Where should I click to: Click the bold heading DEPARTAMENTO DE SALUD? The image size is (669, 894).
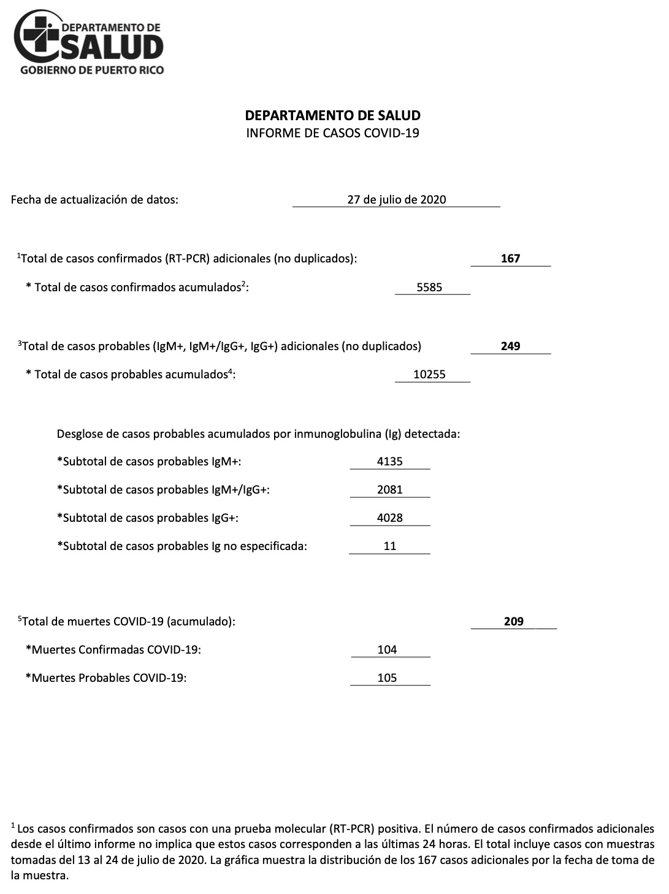pos(332,115)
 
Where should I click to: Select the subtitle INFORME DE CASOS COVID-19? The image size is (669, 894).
pos(332,132)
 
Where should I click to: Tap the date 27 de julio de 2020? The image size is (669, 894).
pos(396,199)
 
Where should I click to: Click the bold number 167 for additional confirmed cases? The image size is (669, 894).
pos(510,258)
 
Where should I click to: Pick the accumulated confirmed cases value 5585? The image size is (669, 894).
pos(429,287)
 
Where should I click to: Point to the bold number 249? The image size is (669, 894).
pos(510,346)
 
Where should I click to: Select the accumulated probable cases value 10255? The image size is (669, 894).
pos(429,374)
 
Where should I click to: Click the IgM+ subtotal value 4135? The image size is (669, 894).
pos(390,461)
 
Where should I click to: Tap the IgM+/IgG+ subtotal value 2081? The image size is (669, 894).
pos(390,489)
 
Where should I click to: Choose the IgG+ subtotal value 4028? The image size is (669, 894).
pos(390,518)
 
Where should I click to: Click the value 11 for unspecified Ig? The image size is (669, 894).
pos(390,546)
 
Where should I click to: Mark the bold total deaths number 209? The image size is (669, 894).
pos(513,621)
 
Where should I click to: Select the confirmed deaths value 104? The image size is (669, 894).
pos(388,649)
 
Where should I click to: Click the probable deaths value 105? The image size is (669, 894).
pos(388,678)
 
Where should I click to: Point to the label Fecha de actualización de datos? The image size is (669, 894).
pos(94,199)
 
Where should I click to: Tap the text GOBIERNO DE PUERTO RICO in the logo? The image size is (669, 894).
pos(92,70)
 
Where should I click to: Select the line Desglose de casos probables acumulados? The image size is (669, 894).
pos(258,434)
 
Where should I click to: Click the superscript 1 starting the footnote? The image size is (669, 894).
pos(13,825)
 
